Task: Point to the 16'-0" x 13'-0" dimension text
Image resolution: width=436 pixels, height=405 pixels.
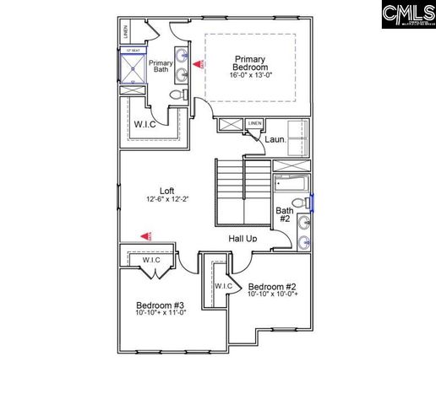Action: [250, 75]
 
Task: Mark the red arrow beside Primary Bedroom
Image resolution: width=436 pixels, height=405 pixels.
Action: [198, 63]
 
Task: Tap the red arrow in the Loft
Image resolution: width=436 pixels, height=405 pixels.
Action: [147, 237]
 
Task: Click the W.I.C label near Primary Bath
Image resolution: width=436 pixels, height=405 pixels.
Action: [143, 125]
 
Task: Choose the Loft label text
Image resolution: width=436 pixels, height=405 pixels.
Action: [166, 190]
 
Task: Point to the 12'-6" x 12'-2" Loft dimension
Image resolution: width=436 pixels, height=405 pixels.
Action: [166, 200]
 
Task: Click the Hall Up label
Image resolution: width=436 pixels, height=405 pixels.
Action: [243, 239]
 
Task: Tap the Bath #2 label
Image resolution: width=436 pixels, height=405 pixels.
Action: [285, 215]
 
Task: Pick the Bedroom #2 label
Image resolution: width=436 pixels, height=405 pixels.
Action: [274, 285]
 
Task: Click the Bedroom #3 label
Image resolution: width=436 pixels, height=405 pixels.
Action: [160, 305]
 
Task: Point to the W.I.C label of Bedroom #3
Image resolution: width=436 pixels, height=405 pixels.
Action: [151, 260]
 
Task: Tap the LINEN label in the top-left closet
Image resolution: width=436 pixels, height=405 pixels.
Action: [126, 33]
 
